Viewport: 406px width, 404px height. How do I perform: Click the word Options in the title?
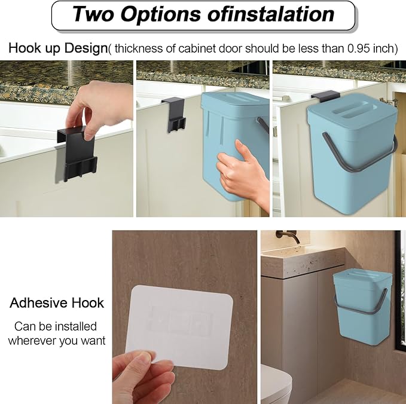(x=160, y=14)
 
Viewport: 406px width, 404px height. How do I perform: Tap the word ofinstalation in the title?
(x=271, y=14)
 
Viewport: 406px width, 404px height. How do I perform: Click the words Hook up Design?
(x=58, y=48)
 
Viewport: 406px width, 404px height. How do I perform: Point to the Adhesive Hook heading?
(x=57, y=303)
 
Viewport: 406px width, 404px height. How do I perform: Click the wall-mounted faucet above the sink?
(x=288, y=236)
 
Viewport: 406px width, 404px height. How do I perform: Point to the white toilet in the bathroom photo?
(x=276, y=384)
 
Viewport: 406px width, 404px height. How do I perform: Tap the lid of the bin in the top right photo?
(x=353, y=111)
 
